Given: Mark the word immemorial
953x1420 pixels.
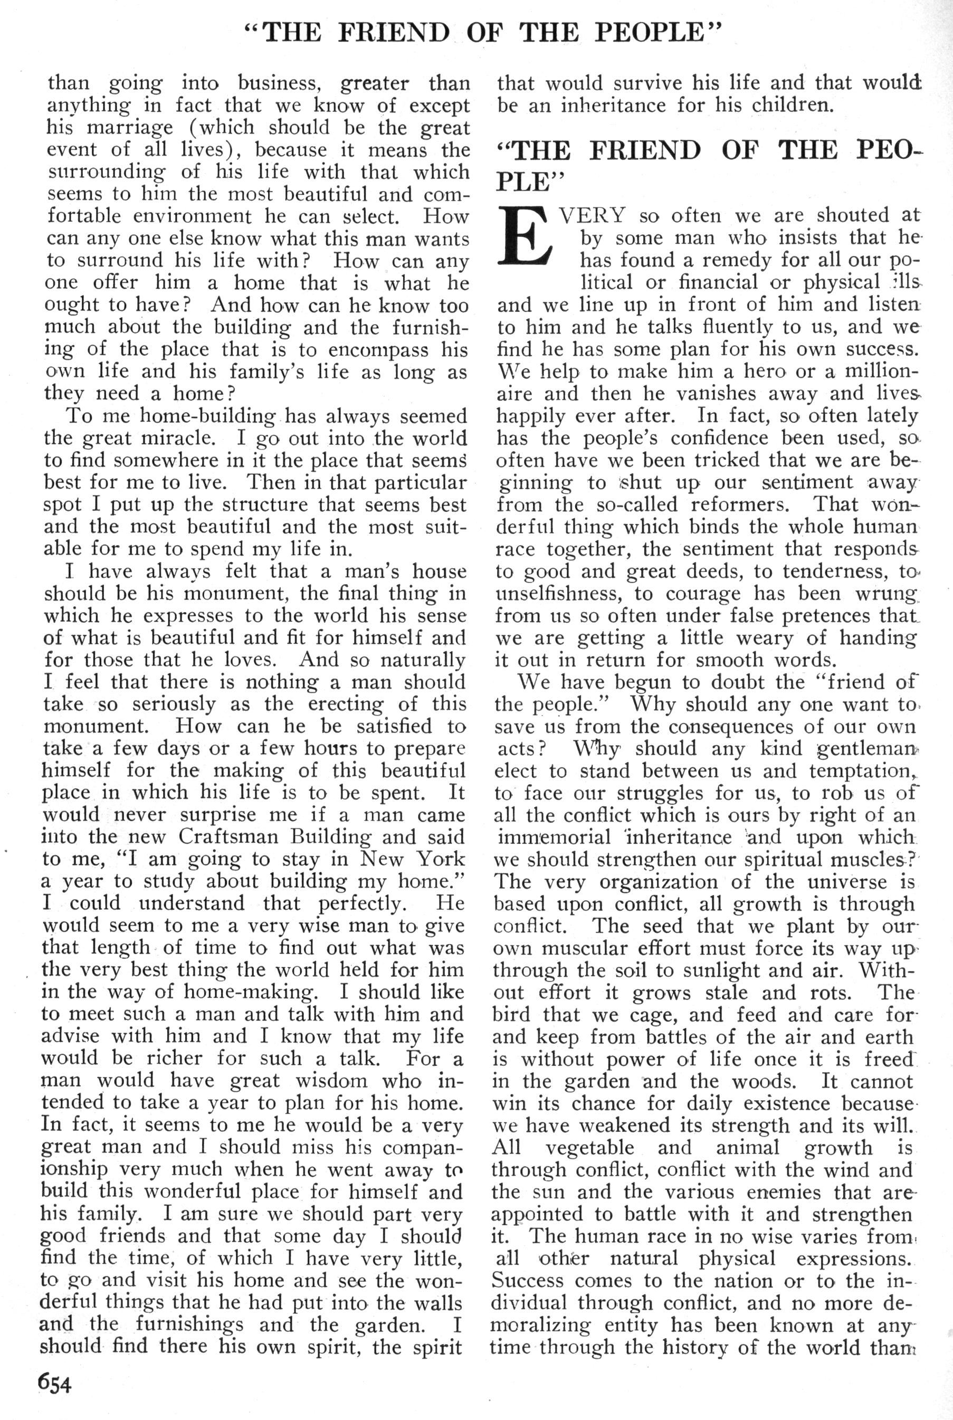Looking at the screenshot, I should [554, 837].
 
